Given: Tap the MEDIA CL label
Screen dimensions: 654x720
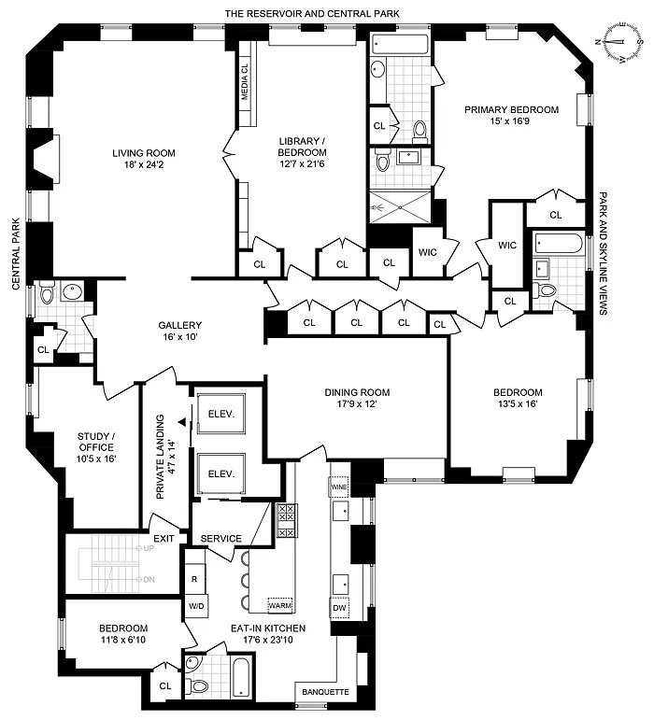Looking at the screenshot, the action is (x=245, y=82).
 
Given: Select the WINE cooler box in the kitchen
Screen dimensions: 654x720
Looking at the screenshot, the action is (x=339, y=487).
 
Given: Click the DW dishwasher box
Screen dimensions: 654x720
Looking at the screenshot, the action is (x=339, y=608).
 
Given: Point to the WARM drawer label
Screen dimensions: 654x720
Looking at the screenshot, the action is (x=280, y=605).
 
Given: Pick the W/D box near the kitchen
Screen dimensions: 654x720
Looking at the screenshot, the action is (x=196, y=607).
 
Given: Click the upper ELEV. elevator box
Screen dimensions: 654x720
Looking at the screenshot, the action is (x=221, y=414).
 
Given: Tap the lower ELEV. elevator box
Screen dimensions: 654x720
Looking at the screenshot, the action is (x=221, y=473).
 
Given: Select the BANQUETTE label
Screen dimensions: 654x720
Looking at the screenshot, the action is (x=326, y=692).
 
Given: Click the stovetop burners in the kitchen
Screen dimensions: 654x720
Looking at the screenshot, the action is (x=287, y=520).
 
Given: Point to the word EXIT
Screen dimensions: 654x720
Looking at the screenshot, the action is (x=163, y=539).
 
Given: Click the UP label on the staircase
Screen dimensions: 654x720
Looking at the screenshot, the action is (x=149, y=548).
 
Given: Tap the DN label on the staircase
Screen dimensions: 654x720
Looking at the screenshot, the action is (x=149, y=580).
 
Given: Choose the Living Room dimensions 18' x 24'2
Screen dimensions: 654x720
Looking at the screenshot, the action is (x=144, y=164).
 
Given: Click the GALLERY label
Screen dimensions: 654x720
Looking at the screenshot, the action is (x=180, y=325).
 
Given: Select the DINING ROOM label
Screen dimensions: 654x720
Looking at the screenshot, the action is (x=357, y=392).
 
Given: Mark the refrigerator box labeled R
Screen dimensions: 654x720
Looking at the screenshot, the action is (x=194, y=579).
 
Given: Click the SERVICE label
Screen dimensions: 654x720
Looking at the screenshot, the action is (x=220, y=538).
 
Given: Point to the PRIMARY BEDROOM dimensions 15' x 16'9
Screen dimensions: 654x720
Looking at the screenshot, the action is (x=510, y=121).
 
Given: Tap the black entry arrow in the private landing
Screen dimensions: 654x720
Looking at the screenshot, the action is (x=183, y=421).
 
